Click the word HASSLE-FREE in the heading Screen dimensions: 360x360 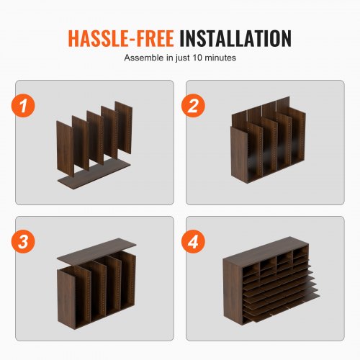(121, 38)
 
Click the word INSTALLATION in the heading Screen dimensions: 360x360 (235, 38)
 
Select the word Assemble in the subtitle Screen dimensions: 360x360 (144, 58)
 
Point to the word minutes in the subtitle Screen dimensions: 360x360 (220, 58)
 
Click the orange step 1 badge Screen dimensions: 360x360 (23, 106)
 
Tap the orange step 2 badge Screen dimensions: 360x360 (193, 106)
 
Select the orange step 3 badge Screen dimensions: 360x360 (23, 241)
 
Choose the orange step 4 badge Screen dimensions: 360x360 (193, 241)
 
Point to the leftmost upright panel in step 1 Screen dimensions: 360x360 (65, 149)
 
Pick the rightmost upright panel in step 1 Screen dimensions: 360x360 (124, 127)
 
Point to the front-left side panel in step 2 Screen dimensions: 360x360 (240, 155)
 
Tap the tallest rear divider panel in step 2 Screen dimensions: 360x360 (283, 106)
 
